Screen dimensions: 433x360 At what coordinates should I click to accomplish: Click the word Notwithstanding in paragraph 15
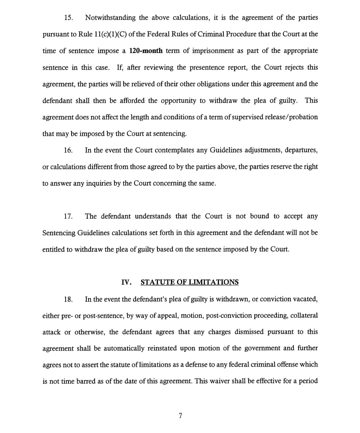pyautogui.click(x=110, y=18)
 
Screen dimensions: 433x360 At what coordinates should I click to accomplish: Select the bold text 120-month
pyautogui.click(x=146, y=51)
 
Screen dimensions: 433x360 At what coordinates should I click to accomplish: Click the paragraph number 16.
pyautogui.click(x=68, y=150)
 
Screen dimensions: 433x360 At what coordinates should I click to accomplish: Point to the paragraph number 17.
pyautogui.click(x=68, y=216)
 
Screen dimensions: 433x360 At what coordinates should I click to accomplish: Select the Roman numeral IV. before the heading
pyautogui.click(x=126, y=282)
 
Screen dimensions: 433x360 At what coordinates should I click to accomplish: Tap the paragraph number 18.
pyautogui.click(x=68, y=299)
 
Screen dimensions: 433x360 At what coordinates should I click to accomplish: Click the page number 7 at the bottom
pyautogui.click(x=180, y=416)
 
